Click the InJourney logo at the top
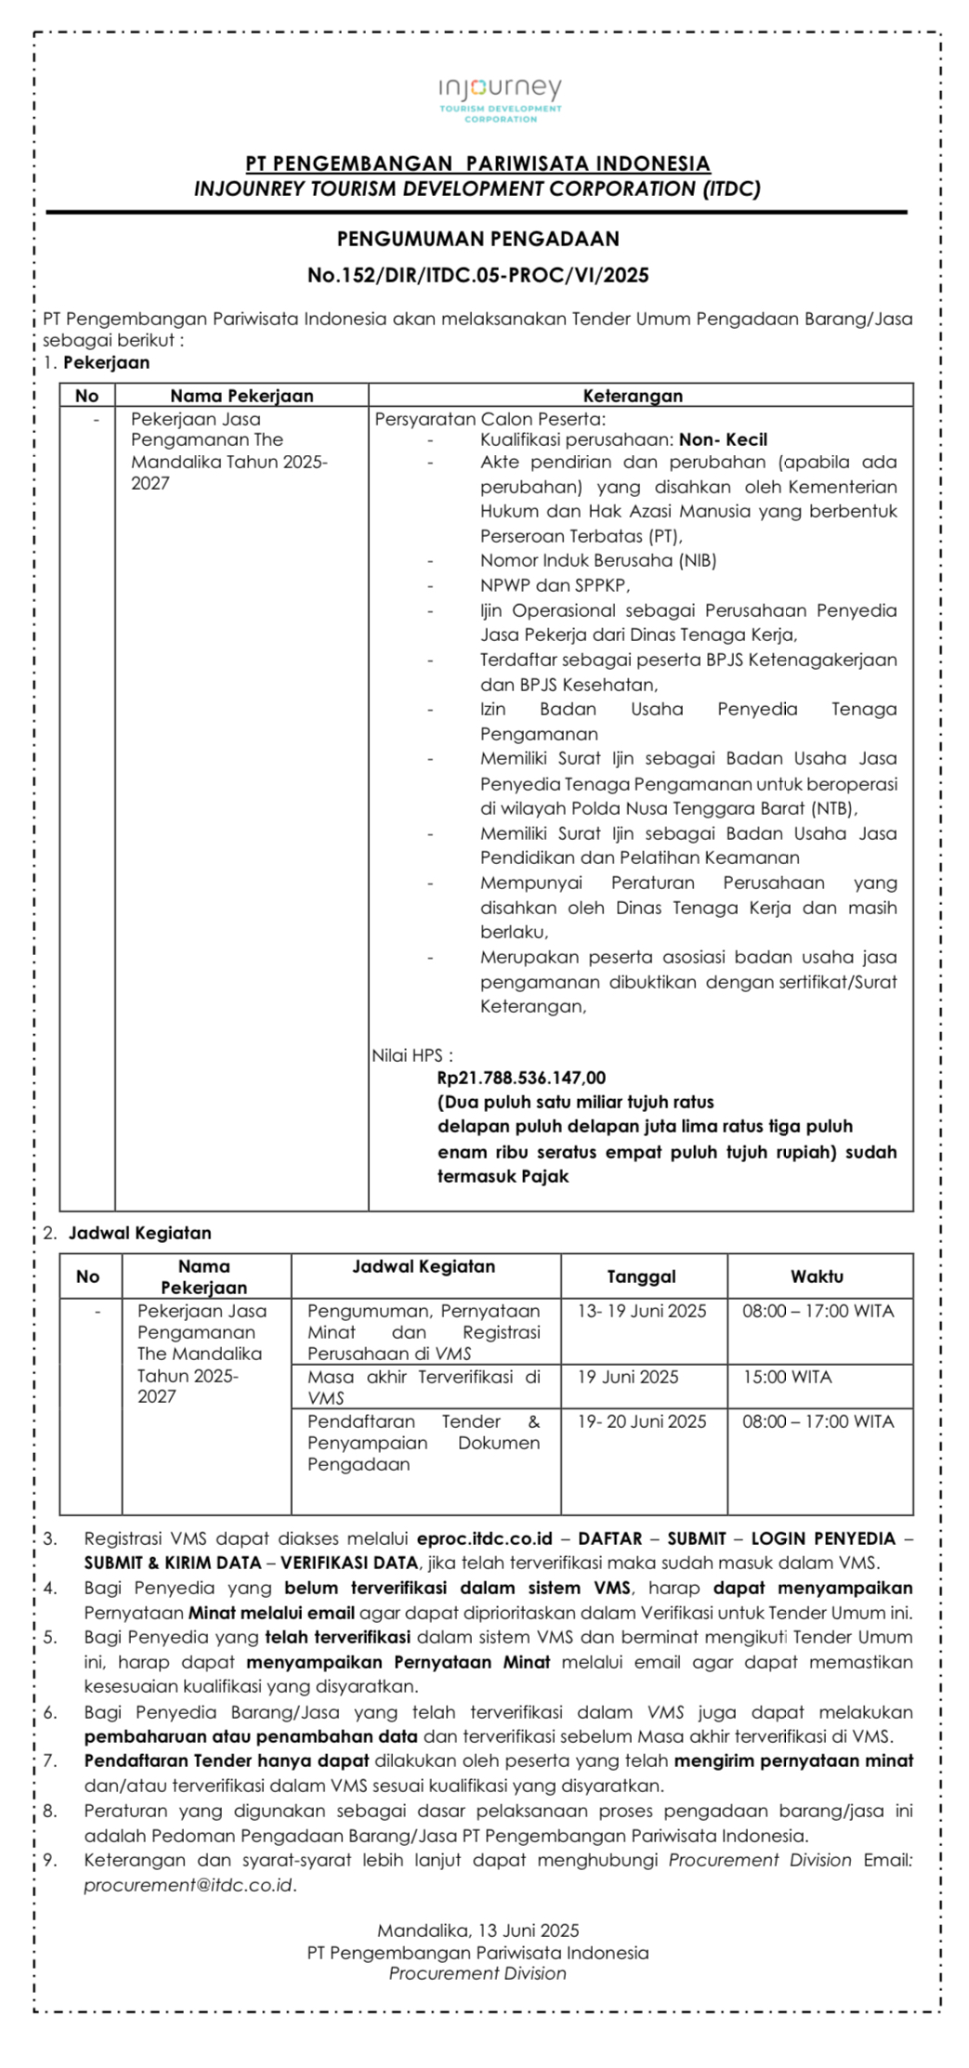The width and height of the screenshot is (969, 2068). click(500, 98)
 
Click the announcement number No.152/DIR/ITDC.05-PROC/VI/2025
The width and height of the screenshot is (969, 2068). click(478, 275)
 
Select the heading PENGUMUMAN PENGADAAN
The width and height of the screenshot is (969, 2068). click(478, 239)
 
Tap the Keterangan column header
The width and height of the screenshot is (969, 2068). click(633, 395)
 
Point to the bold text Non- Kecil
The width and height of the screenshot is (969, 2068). click(723, 439)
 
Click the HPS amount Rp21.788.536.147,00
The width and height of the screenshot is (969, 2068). click(521, 1078)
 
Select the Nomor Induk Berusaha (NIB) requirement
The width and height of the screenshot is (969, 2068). click(597, 560)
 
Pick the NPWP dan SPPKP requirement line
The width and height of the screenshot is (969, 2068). click(555, 585)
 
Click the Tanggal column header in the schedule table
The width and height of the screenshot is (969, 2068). click(641, 1276)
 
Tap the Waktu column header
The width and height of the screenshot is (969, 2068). click(817, 1276)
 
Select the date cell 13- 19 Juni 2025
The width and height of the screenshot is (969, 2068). click(641, 1311)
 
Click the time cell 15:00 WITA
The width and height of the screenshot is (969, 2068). click(787, 1377)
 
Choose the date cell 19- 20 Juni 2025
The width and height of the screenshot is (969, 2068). click(641, 1421)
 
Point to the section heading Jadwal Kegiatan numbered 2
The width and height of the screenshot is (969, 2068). click(139, 1233)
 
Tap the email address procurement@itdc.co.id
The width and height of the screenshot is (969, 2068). click(189, 1885)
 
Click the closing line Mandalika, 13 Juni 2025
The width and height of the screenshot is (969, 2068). click(478, 1930)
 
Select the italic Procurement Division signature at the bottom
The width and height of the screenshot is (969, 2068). click(478, 1973)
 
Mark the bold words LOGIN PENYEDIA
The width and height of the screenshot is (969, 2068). click(823, 1538)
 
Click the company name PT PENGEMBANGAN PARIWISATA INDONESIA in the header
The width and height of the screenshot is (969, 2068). click(478, 164)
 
